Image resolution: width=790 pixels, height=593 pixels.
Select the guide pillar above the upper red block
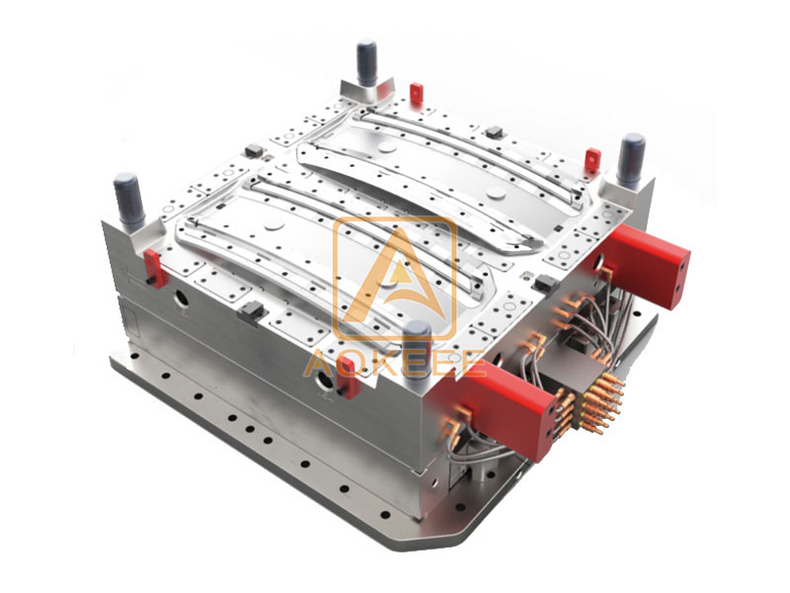(631, 159)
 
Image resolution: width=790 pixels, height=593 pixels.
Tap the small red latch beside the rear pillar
(416, 93)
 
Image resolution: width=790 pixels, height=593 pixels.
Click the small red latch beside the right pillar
(592, 161)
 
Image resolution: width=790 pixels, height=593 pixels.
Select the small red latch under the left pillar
(153, 266)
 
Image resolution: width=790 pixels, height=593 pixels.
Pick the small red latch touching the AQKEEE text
(349, 383)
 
